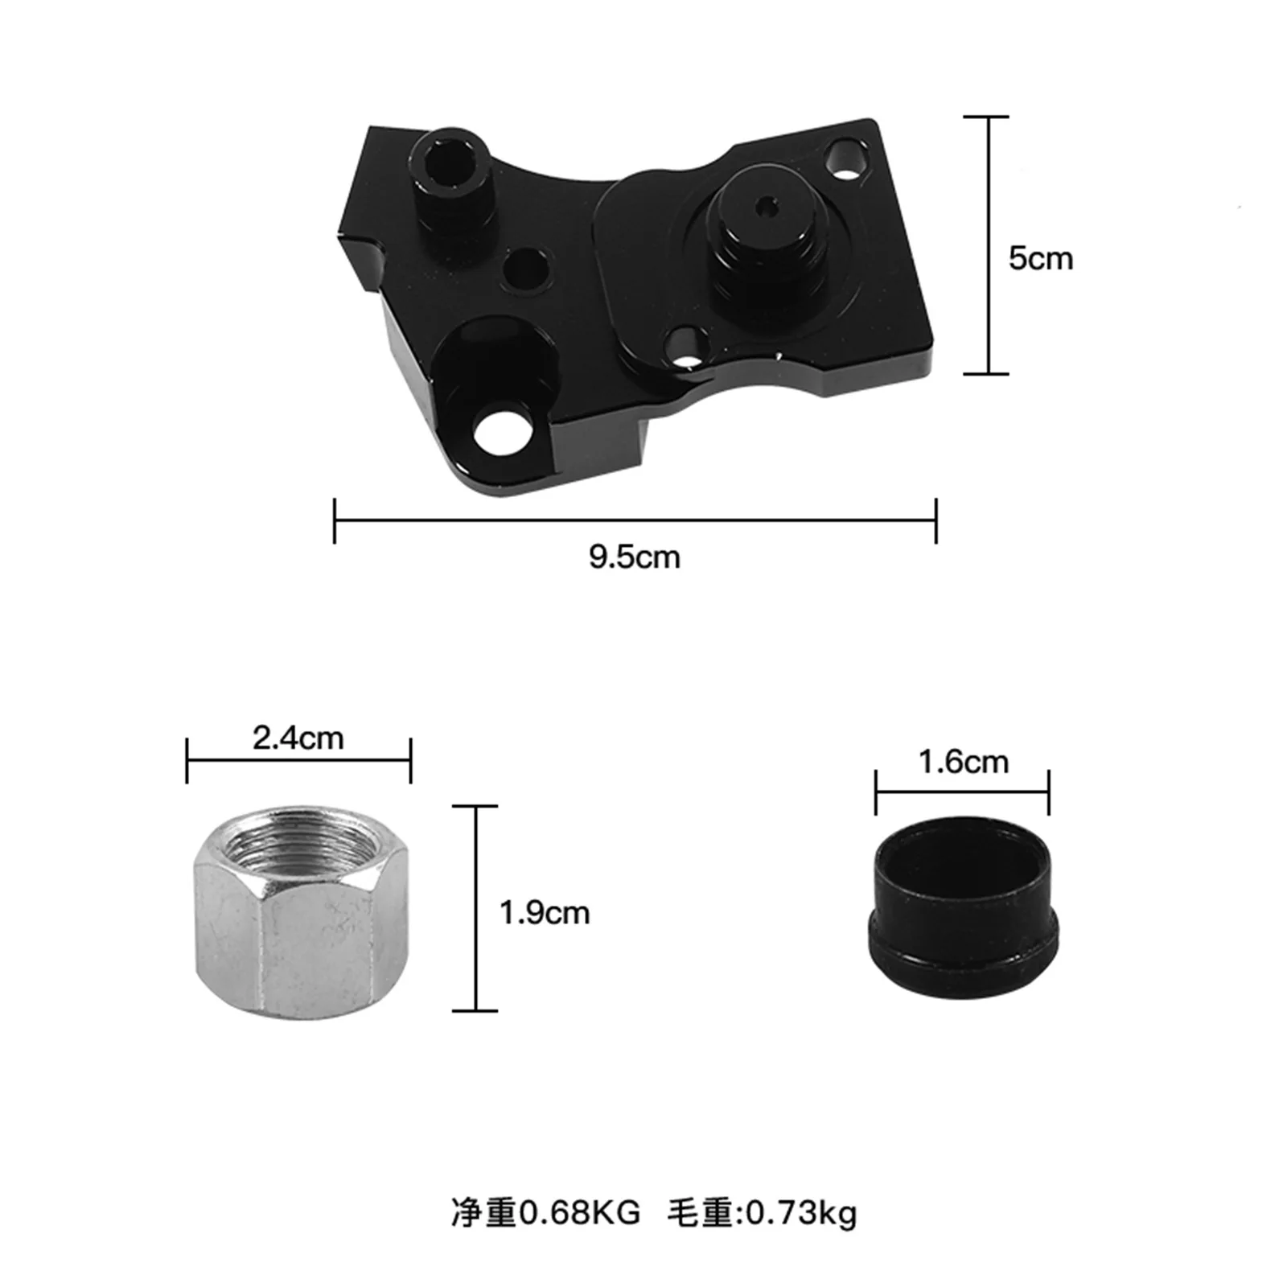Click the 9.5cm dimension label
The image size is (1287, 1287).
coord(634,557)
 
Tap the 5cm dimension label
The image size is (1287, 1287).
coord(1040,259)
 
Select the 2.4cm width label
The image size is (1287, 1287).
coord(298,738)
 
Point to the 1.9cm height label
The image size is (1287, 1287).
coord(545,913)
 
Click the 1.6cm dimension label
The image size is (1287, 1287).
coord(963,761)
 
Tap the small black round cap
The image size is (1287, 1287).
coord(963,909)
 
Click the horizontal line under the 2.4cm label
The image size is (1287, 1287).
coord(298,760)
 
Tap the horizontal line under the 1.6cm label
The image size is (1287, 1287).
coord(962,792)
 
